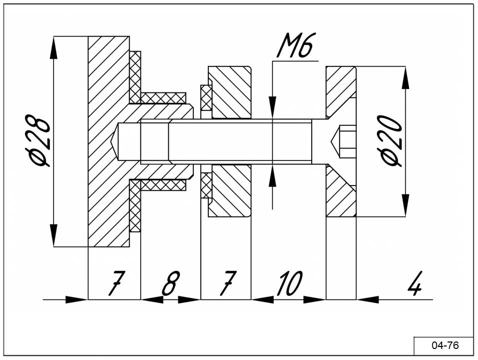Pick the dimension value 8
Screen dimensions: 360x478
tap(170, 283)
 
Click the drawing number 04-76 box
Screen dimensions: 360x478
tap(444, 345)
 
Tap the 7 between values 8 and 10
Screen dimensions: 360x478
tap(228, 283)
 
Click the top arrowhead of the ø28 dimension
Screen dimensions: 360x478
tap(53, 47)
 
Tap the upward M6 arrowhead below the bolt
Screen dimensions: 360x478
tap(273, 179)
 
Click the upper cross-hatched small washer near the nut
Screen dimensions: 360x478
tap(206, 98)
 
